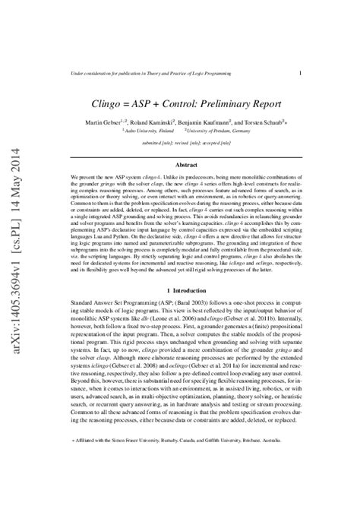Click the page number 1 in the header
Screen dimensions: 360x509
[302, 73]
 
